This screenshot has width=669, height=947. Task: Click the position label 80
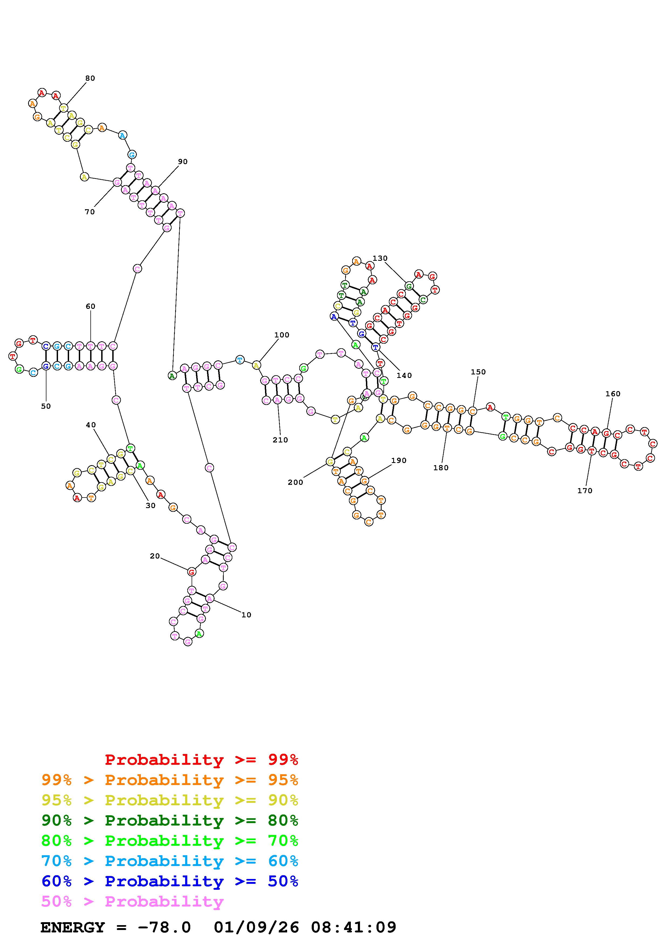tap(90, 78)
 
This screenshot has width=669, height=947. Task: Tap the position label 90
tap(183, 162)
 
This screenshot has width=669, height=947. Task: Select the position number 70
tap(89, 212)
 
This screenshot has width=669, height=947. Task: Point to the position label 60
tap(90, 306)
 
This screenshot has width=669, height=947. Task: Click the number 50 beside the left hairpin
tap(46, 406)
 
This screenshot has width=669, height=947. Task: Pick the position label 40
tap(91, 425)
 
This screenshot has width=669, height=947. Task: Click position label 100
tap(282, 335)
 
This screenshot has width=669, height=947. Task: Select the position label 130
tap(380, 258)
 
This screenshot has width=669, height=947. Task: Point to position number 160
tap(613, 394)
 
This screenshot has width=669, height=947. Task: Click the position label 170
tap(585, 491)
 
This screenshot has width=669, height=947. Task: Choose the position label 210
tap(280, 440)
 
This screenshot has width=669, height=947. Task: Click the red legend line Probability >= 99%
tap(202, 759)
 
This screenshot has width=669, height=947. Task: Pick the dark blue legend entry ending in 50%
tap(170, 881)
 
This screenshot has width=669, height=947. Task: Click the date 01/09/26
tap(256, 928)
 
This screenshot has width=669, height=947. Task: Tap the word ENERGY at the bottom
tap(73, 928)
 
